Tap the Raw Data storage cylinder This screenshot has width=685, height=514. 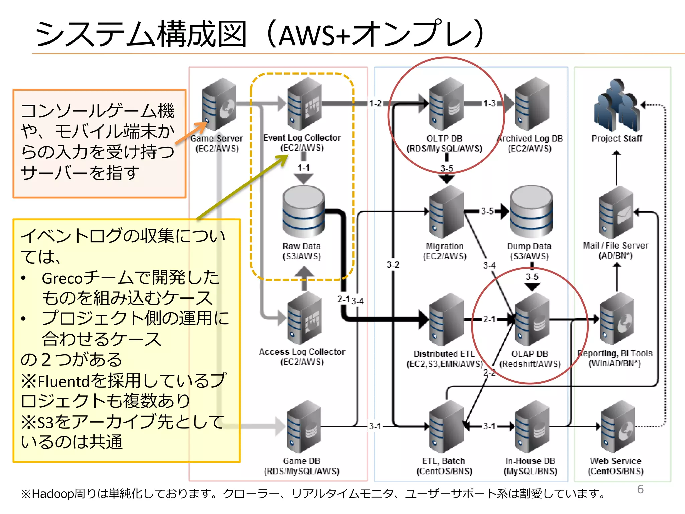click(x=303, y=212)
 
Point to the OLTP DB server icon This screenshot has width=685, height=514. click(x=446, y=104)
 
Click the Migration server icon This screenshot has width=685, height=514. click(x=446, y=212)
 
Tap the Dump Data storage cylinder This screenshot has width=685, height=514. click(x=531, y=212)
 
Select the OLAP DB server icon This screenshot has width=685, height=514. click(x=532, y=320)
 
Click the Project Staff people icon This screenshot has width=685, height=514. click(x=617, y=106)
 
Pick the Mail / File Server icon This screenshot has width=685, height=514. click(x=616, y=212)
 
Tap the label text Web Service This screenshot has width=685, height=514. click(x=615, y=461)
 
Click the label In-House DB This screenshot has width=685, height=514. click(x=530, y=461)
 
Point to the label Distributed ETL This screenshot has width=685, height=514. click(x=444, y=354)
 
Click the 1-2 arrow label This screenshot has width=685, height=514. click(x=375, y=103)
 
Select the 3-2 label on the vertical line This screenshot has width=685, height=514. click(x=393, y=265)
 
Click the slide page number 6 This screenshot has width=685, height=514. click(x=640, y=489)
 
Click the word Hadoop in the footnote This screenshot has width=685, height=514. click(x=53, y=494)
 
